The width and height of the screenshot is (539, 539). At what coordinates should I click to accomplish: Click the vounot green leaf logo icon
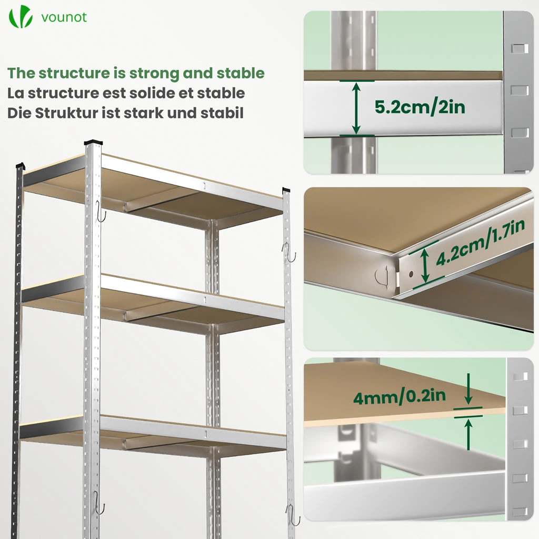pyautogui.click(x=21, y=16)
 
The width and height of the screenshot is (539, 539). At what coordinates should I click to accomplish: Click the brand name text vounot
pyautogui.click(x=64, y=17)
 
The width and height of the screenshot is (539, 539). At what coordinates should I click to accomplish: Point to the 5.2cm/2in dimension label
pyautogui.click(x=420, y=107)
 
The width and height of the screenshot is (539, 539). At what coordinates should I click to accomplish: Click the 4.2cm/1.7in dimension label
pyautogui.click(x=480, y=242)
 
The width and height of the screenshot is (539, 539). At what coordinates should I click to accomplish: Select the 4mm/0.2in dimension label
pyautogui.click(x=400, y=397)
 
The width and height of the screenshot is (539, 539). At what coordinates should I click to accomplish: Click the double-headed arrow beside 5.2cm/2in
pyautogui.click(x=356, y=108)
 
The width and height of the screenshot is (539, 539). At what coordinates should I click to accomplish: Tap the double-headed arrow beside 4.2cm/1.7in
pyautogui.click(x=425, y=265)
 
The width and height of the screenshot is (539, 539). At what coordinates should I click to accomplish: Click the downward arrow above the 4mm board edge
pyautogui.click(x=468, y=389)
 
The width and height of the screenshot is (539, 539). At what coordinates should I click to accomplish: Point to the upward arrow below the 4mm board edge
pyautogui.click(x=468, y=434)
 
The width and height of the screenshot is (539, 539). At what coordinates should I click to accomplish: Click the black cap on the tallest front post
pyautogui.click(x=93, y=142)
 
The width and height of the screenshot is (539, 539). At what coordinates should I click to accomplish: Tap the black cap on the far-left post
pyautogui.click(x=21, y=165)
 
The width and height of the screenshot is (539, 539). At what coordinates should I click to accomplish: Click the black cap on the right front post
pyautogui.click(x=286, y=189)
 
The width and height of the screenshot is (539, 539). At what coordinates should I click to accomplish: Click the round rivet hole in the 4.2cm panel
pyautogui.click(x=411, y=274)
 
